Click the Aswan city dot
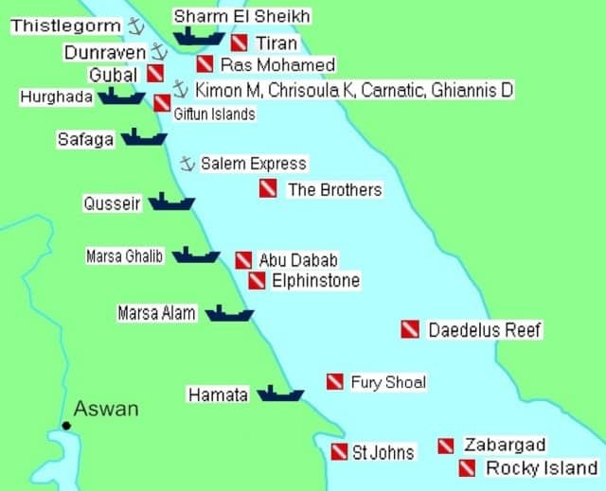click(65, 427)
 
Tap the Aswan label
click(106, 409)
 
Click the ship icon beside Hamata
click(279, 393)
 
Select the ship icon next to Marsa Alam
click(229, 313)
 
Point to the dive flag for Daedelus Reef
click(410, 329)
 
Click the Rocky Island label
click(542, 468)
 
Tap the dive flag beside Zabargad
click(446, 446)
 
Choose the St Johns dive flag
click(339, 452)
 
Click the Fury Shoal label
click(388, 382)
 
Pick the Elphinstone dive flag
click(257, 280)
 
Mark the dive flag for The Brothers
click(268, 188)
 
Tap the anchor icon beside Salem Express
click(187, 164)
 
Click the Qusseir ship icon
click(171, 202)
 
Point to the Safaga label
click(85, 139)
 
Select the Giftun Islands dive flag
click(162, 103)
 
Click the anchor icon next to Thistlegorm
click(135, 26)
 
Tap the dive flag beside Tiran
click(240, 43)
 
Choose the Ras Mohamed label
click(277, 65)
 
